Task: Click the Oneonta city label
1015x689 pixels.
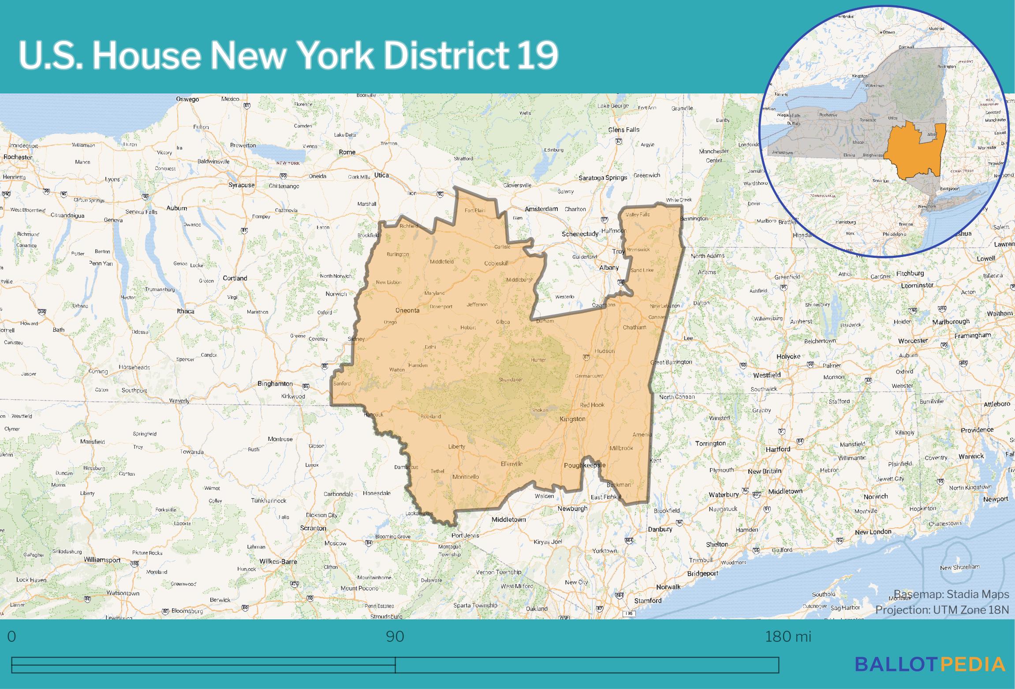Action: coord(407,310)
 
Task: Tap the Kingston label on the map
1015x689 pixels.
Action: coord(572,419)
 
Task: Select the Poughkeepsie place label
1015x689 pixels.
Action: coord(585,465)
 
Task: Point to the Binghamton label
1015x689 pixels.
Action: coord(275,384)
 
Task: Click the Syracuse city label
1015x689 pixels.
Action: coord(241,185)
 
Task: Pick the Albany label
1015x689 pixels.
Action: coord(608,268)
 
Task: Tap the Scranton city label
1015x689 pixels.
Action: coord(313,528)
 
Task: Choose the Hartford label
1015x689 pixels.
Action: coord(778,449)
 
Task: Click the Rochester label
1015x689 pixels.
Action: coord(18,157)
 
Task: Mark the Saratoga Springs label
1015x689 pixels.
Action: coord(602,178)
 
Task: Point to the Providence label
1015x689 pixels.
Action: coord(977,430)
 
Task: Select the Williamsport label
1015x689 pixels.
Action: coord(102,560)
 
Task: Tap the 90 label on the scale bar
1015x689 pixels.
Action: coord(395,637)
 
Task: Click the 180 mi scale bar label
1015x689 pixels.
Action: coord(788,637)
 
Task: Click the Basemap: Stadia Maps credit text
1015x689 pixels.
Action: coord(951,594)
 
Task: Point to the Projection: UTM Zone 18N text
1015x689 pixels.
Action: coord(942,610)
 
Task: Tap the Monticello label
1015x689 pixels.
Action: coord(465,477)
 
